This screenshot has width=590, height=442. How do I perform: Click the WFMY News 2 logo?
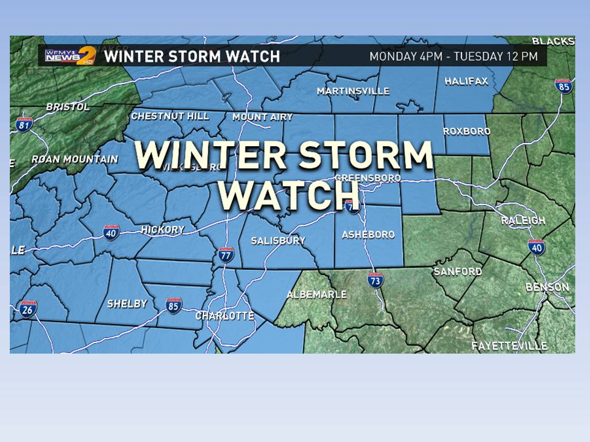point(69,55)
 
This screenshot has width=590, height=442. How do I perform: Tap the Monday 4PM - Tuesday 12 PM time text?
point(454,56)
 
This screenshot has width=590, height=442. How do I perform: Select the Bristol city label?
point(68,107)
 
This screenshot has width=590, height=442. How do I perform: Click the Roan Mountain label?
point(74,159)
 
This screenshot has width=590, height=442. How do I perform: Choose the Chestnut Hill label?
point(170,115)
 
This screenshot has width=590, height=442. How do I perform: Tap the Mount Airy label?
point(262,117)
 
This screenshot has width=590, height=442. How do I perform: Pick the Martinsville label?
point(353,91)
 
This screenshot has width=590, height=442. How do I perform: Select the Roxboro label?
point(467,131)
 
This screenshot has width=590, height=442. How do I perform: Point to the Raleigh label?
point(523,220)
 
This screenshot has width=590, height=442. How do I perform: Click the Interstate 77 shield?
point(226,255)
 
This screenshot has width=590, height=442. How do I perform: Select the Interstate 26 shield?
point(26,309)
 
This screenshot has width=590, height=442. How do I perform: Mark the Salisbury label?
point(278,241)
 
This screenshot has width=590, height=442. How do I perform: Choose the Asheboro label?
point(368,235)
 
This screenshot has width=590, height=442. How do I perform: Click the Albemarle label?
point(317,295)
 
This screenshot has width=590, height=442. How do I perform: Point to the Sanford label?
point(457,271)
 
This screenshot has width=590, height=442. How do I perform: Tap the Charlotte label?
point(224,316)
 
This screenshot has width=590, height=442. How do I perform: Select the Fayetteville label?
point(509,346)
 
